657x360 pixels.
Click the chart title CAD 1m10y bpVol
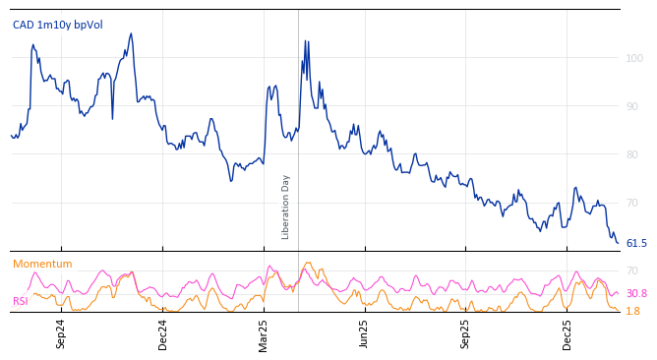point(57,25)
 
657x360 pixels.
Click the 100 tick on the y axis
point(634,59)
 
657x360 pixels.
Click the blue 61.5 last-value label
point(636,243)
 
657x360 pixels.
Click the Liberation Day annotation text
point(286,207)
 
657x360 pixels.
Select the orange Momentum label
point(42,265)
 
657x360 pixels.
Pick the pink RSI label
point(20,301)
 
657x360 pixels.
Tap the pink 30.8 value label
point(636,293)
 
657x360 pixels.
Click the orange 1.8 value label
point(632,311)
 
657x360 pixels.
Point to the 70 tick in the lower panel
point(632,270)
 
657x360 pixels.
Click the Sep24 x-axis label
point(61,334)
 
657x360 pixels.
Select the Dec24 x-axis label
point(163,334)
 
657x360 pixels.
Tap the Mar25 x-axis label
point(263,334)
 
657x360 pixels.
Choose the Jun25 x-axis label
point(364,334)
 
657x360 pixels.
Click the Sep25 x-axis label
point(465,334)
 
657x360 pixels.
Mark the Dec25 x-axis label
point(567,334)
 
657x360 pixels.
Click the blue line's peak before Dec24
point(131,34)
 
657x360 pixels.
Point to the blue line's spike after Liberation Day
point(305,41)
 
